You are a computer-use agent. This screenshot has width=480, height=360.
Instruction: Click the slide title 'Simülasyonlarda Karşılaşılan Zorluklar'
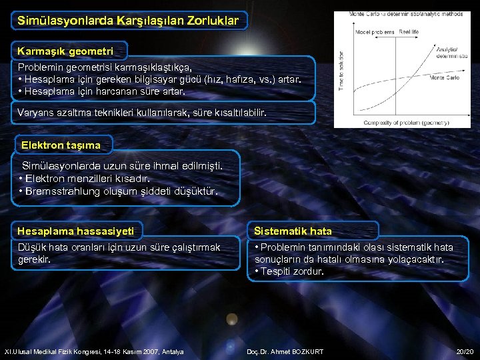[127, 21]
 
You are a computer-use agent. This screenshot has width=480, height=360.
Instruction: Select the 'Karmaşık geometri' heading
[65, 51]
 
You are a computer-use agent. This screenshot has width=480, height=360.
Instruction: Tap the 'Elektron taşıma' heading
[61, 145]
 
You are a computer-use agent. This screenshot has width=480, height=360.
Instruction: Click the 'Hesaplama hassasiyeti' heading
[75, 231]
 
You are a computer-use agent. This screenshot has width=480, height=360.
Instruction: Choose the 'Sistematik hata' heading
[293, 231]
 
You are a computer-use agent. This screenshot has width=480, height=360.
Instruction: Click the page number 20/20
[464, 351]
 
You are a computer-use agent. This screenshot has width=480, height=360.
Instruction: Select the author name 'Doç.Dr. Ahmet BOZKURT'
[285, 351]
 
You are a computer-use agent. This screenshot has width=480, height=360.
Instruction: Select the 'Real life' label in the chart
[409, 31]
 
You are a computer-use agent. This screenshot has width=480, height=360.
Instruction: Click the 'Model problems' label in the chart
[375, 31]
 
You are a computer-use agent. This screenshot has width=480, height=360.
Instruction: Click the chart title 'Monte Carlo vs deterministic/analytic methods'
[406, 14]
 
